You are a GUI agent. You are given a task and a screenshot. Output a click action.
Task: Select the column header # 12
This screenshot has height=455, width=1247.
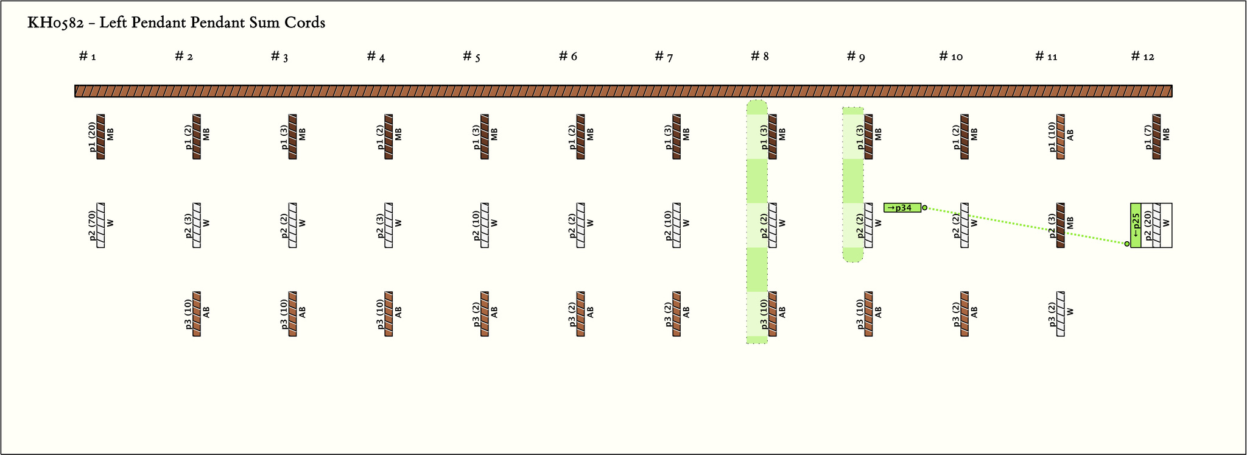click(x=1142, y=57)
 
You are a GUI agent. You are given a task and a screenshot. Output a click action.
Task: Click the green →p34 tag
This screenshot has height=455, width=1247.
click(x=902, y=208)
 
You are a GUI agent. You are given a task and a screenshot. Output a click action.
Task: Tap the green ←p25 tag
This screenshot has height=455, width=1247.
click(x=1136, y=225)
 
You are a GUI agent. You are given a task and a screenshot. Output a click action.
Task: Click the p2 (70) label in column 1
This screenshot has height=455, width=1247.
click(x=93, y=225)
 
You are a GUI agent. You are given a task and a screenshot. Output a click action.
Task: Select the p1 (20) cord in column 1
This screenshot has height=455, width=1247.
click(x=100, y=136)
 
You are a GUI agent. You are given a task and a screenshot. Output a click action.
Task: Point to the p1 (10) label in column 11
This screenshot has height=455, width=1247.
click(x=1052, y=136)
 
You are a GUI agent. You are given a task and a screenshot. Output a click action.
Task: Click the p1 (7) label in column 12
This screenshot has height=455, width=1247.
click(x=1148, y=136)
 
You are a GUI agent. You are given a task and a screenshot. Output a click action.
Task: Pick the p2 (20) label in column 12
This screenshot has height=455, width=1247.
click(x=1148, y=225)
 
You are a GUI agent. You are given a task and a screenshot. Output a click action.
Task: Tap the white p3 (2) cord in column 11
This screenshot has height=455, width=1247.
click(x=1061, y=314)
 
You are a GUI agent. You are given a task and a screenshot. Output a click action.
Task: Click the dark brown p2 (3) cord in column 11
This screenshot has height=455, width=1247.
click(x=1061, y=225)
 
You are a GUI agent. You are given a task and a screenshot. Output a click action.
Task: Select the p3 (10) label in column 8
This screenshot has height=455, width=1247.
click(x=764, y=314)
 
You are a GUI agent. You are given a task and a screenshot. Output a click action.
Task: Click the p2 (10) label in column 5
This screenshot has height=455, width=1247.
click(x=476, y=225)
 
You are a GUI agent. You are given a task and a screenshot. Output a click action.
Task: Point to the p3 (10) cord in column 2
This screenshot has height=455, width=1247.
click(x=197, y=314)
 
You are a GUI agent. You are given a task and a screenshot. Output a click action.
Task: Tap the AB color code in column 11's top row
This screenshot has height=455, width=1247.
click(x=1070, y=135)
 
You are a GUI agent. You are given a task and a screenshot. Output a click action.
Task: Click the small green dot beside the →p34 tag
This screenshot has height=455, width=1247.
click(x=924, y=208)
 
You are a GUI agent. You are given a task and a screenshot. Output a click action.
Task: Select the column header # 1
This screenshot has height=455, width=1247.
click(x=88, y=57)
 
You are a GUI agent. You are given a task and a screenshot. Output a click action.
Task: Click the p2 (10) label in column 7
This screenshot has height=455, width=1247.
click(x=668, y=225)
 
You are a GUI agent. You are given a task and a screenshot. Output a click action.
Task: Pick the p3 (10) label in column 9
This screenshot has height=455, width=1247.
click(x=860, y=314)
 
